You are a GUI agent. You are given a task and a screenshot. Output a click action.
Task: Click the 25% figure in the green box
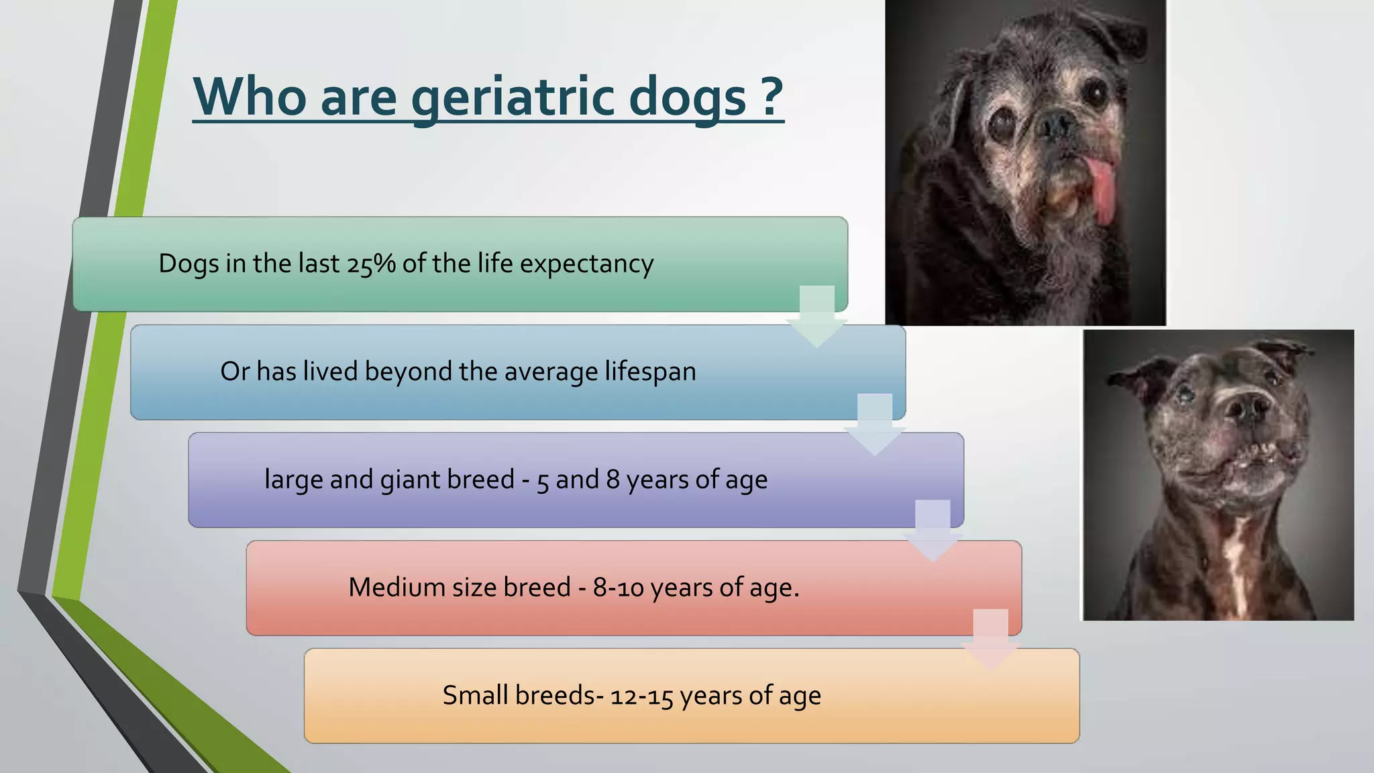(371, 264)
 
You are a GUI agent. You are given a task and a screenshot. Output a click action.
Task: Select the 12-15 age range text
(641, 696)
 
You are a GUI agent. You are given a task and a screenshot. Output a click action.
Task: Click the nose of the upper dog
(1055, 123)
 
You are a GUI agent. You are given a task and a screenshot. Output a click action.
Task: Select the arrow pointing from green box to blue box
(816, 315)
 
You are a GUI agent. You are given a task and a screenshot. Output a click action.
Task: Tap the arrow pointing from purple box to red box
(933, 531)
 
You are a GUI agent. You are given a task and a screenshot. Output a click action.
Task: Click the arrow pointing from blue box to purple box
(875, 423)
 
